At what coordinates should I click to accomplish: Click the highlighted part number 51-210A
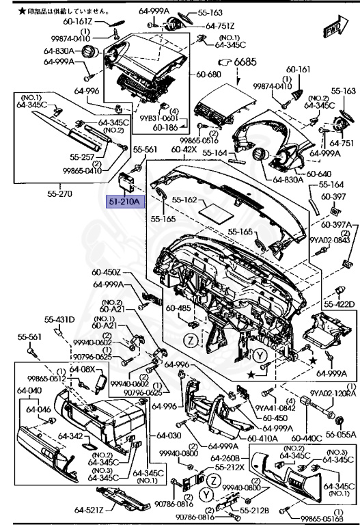point(123,202)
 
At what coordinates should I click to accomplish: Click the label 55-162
point(184,200)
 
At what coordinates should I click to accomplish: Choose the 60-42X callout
point(184,148)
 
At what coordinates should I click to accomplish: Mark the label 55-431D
point(59,319)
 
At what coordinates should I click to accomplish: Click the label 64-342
point(69,435)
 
